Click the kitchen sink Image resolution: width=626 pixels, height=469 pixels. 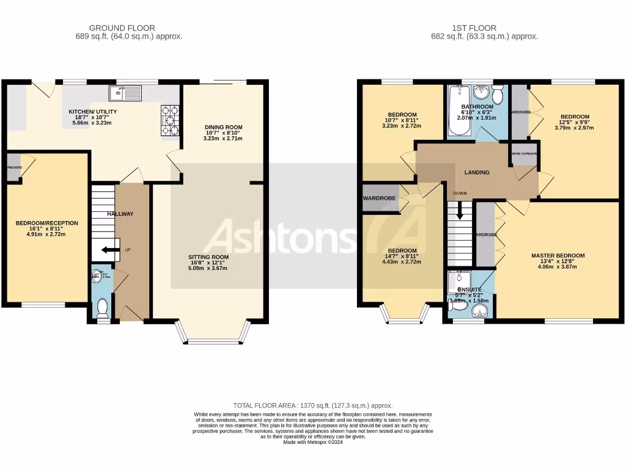[x=125, y=93]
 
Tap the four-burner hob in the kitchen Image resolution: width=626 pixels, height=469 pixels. [x=170, y=120]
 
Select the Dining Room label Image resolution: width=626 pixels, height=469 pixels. [x=223, y=128]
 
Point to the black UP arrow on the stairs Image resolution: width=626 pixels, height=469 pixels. [x=110, y=249]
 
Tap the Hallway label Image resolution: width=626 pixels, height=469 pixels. [x=120, y=214]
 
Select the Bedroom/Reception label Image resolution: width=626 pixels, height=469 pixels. [x=40, y=223]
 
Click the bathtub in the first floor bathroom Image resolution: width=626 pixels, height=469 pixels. [x=457, y=112]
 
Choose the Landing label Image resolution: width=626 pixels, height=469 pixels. [x=477, y=172]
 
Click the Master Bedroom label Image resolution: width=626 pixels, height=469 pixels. [x=558, y=256]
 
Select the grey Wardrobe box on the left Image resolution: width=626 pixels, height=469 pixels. [x=380, y=198]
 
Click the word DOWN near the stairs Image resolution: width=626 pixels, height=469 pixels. [x=460, y=194]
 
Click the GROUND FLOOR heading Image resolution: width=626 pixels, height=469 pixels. [x=122, y=27]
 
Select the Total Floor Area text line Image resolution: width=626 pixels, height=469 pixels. [x=312, y=405]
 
